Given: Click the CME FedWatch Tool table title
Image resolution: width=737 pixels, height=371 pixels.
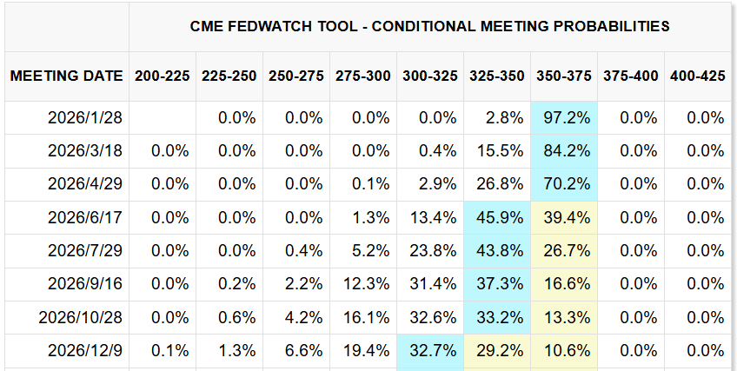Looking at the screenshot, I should coord(429,26).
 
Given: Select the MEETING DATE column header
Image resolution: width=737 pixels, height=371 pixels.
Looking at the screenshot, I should coord(66,76).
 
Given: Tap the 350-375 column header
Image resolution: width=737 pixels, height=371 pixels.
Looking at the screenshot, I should coord(562,76).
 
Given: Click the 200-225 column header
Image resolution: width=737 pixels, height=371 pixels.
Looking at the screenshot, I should coord(162,76).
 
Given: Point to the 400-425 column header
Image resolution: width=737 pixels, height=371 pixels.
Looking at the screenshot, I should coord(698,76).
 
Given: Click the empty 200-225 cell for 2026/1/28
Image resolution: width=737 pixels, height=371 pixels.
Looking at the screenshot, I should coord(163,117).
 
